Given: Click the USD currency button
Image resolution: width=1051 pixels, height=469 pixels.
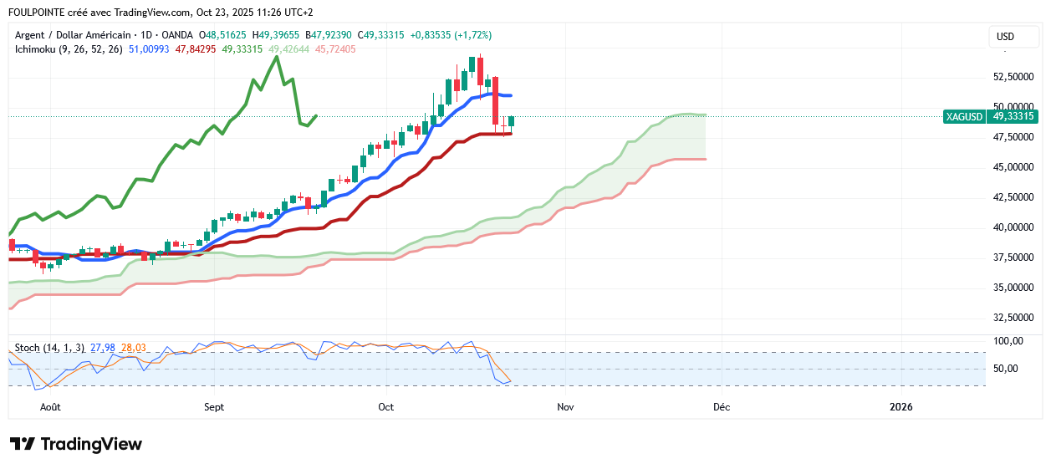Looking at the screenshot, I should tap(1005, 37).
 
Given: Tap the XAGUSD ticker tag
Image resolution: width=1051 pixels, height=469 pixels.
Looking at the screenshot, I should tap(964, 117).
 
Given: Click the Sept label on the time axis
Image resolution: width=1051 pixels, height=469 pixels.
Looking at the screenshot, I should tap(214, 407).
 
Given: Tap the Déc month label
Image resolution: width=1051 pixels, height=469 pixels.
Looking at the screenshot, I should tap(720, 407).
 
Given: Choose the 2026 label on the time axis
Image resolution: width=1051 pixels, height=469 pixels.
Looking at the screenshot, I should tap(901, 407).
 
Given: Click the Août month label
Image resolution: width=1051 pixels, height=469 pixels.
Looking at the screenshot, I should tap(50, 407).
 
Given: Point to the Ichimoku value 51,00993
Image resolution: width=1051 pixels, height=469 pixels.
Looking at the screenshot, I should tap(149, 49).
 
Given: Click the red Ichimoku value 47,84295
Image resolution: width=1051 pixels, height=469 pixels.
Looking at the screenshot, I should tap(196, 49).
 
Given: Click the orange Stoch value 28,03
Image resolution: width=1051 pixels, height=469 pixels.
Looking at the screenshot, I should tap(134, 347).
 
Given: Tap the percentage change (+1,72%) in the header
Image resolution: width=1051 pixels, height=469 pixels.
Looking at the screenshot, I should tap(472, 35).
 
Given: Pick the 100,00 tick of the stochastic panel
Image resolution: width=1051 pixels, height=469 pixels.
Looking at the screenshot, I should tap(1008, 341).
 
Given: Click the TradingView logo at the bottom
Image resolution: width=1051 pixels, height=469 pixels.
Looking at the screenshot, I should tap(76, 444).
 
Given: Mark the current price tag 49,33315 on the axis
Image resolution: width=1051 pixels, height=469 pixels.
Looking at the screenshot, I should tap(1013, 117).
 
